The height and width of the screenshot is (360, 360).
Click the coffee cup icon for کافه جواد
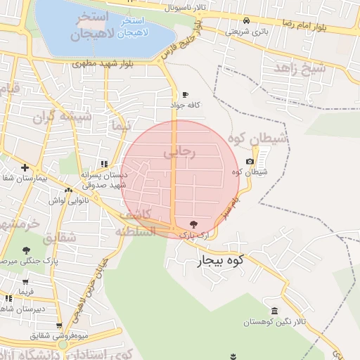click(185, 95)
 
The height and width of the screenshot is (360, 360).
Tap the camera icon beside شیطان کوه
click(250, 162)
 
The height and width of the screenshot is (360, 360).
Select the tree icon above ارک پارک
click(194, 223)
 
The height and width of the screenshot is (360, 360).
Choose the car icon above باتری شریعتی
click(246, 20)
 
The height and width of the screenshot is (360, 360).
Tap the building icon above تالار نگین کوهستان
click(274, 311)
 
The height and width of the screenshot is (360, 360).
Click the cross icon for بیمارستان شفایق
click(25, 167)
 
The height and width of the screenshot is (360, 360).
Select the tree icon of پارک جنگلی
click(27, 250)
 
